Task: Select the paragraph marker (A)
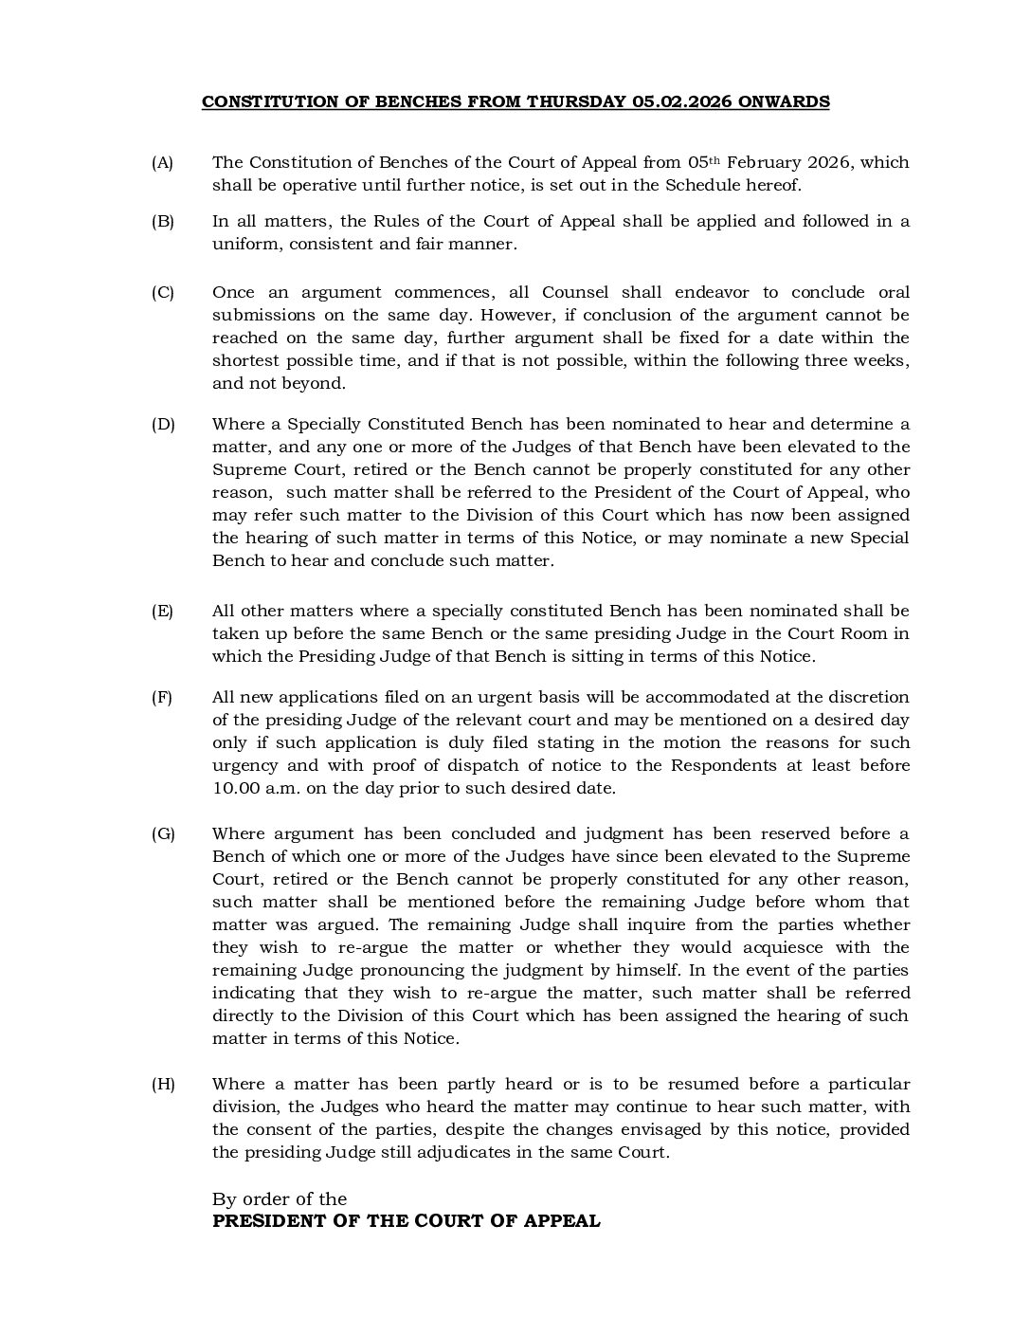point(162,162)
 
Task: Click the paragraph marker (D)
point(163,424)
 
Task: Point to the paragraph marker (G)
point(163,833)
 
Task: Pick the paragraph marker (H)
point(163,1084)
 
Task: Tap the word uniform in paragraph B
point(243,244)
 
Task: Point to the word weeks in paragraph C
point(881,360)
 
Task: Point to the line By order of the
point(280,1198)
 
